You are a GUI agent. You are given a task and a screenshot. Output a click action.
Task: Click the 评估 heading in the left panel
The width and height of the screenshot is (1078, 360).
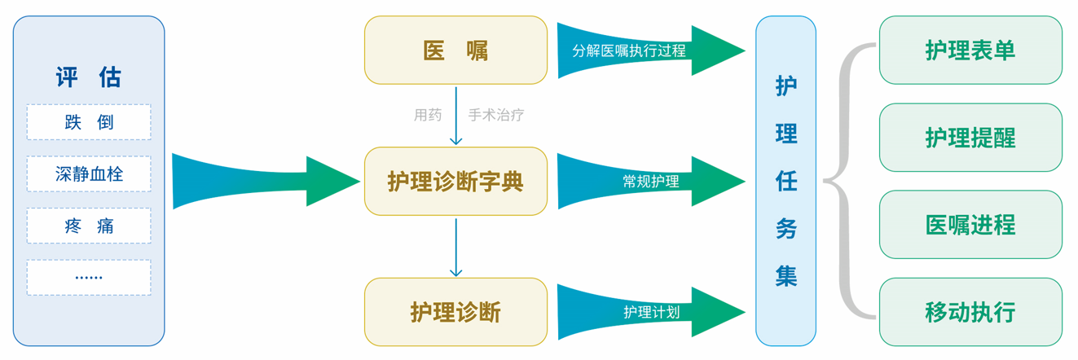89,77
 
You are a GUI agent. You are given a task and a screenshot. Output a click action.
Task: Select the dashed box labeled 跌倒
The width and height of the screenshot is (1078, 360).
89,122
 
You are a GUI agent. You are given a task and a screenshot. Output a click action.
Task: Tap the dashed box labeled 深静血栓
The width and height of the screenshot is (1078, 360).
89,174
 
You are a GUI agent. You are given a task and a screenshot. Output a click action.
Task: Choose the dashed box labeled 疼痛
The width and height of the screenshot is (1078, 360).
89,226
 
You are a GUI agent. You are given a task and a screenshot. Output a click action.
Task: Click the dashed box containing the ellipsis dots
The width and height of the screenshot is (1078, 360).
89,277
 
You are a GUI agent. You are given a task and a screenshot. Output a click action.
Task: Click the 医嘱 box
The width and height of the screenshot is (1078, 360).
455,50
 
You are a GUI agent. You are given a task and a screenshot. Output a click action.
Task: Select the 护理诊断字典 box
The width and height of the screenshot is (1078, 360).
455,181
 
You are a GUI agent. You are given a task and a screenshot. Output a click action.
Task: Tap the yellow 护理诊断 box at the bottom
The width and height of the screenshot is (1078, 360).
455,311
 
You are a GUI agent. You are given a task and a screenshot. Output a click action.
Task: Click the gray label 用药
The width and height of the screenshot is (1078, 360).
428,115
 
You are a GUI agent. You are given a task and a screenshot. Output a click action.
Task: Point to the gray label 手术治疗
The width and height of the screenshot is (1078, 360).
495,115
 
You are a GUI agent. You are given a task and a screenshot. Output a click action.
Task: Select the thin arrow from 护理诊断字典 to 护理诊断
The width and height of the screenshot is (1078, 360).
456,248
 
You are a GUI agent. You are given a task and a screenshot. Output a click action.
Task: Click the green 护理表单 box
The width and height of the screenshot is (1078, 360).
970,50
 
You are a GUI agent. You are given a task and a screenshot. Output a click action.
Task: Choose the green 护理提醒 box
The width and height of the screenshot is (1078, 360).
970,138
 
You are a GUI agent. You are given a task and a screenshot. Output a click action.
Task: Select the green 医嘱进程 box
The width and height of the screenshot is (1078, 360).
970,225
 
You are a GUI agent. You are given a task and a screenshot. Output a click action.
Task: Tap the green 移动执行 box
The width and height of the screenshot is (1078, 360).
970,312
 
